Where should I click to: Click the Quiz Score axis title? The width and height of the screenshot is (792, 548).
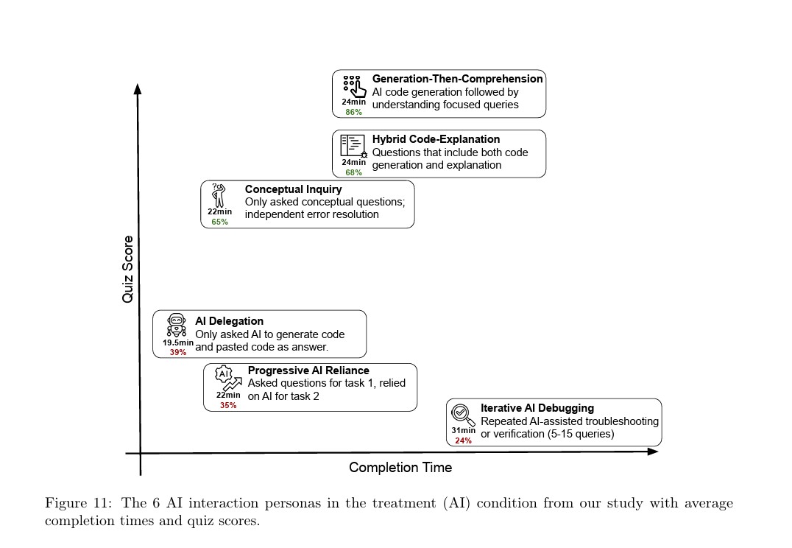pyautogui.click(x=128, y=269)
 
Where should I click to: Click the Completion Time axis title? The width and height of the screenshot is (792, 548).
pyautogui.click(x=400, y=468)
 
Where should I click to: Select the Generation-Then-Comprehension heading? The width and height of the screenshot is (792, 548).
pyautogui.click(x=457, y=79)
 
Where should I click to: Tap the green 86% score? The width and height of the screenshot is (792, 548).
pyautogui.click(x=353, y=112)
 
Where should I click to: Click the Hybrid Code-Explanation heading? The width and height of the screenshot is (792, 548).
pyautogui.click(x=436, y=139)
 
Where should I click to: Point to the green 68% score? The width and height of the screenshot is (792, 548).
pyautogui.click(x=353, y=172)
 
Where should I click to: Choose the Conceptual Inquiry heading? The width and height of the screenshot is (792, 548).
pyautogui.click(x=293, y=189)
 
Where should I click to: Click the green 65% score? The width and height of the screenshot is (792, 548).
pyautogui.click(x=219, y=222)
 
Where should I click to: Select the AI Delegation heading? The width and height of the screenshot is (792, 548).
pyautogui.click(x=229, y=321)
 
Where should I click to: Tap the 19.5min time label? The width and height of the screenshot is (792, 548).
pyautogui.click(x=178, y=342)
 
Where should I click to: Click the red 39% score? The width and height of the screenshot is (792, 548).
pyautogui.click(x=178, y=352)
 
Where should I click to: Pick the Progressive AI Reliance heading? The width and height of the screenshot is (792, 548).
pyautogui.click(x=308, y=370)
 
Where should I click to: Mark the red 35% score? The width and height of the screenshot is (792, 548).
pyautogui.click(x=228, y=405)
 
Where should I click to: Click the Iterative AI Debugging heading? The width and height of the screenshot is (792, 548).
pyautogui.click(x=537, y=408)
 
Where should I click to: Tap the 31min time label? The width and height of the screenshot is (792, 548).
pyautogui.click(x=463, y=431)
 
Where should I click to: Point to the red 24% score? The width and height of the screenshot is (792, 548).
pyautogui.click(x=463, y=440)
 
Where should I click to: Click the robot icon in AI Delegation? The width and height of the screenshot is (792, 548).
pyautogui.click(x=177, y=325)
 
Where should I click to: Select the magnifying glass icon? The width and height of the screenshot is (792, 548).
pyautogui.click(x=462, y=414)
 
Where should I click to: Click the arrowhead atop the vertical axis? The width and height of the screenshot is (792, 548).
pyautogui.click(x=137, y=89)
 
